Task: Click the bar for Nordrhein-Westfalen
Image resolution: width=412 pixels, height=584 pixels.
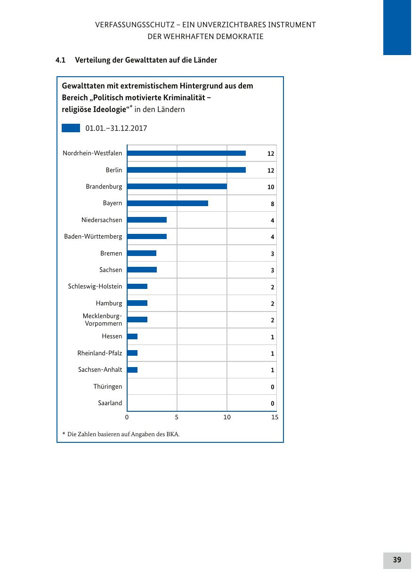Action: pos(186,153)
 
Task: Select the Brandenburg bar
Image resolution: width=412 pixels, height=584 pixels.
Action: pos(177,186)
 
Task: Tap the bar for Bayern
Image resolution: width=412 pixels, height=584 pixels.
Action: pos(167,203)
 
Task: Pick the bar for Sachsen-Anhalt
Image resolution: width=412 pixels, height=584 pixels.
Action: pos(132,370)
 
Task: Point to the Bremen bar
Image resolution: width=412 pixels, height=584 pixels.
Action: pos(141,253)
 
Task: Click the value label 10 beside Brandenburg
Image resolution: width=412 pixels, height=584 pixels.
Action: pos(271,187)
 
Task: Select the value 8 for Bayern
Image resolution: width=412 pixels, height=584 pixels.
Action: pos(272,204)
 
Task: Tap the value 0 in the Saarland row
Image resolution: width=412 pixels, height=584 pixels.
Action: pos(272,404)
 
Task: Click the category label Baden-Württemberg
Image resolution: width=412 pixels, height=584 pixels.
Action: pos(93,236)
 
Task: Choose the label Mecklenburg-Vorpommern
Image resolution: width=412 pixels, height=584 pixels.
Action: pos(103,320)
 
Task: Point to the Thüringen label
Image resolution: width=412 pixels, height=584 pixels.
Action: pos(107,386)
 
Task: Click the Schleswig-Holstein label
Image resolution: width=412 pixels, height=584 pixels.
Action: pos(95,286)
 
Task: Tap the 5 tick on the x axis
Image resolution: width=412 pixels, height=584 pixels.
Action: pos(177,417)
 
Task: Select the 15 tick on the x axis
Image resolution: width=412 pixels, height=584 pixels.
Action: pos(275,417)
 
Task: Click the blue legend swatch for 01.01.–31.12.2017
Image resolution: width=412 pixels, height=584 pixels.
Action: pos(71,128)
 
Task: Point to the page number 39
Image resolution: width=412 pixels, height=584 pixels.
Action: pos(397,560)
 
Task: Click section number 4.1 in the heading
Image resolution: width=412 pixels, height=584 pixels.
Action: pos(60,60)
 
